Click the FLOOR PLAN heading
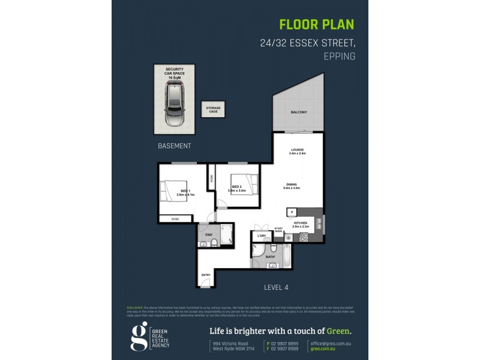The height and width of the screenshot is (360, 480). point(317,25)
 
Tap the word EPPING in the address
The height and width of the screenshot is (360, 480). point(339,56)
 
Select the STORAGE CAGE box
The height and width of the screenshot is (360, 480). point(214,109)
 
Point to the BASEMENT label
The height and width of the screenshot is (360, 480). point(174,146)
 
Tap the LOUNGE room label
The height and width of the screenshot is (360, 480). point(297,149)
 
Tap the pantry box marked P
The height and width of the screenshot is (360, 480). point(292,212)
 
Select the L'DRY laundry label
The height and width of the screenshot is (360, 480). point(261,235)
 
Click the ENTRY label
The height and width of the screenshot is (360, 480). point(206,276)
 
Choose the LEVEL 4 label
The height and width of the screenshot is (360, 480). point(276,287)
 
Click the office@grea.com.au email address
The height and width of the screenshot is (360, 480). point(329,342)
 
